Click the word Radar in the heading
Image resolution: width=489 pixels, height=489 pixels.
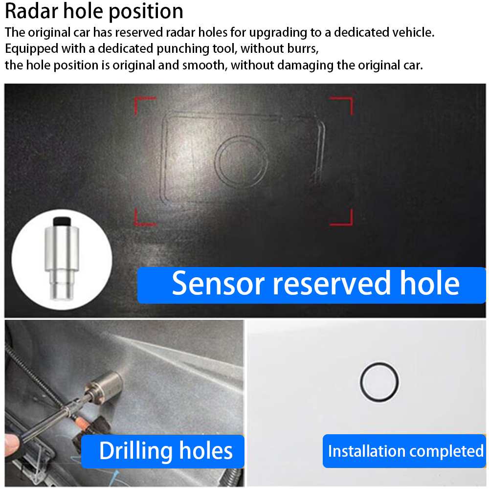pos(31,11)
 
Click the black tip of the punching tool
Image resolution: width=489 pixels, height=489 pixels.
pos(62,221)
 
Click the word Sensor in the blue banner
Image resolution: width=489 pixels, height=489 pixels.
pos(218,284)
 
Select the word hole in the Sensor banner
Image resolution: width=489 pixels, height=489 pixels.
pos(429,283)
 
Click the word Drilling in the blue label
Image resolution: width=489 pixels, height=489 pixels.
pos(136,451)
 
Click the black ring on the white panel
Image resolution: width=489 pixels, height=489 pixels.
pos(361,382)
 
